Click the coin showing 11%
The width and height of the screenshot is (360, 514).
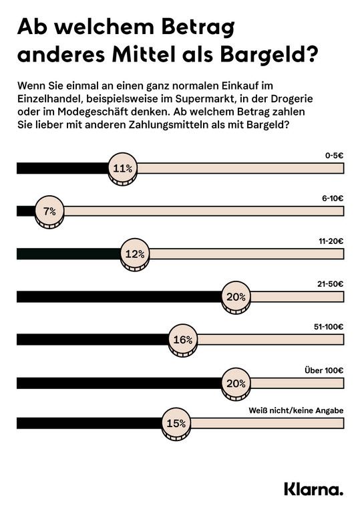[x=123, y=169]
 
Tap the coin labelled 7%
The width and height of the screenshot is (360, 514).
[x=49, y=212]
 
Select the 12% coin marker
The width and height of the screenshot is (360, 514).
[x=135, y=255]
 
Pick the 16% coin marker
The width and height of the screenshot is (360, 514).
[x=183, y=340]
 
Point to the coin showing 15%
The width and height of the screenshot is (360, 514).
[x=176, y=424]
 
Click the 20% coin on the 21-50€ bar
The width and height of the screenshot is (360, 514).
[x=236, y=297]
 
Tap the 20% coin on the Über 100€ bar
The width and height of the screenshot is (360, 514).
[x=236, y=384]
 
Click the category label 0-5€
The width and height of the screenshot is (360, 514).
[x=334, y=155]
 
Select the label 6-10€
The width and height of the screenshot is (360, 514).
[x=333, y=199]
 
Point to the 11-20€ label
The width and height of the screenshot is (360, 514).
[x=331, y=241]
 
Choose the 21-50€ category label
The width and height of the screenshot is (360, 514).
[x=330, y=284]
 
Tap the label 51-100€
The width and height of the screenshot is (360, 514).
[x=329, y=327]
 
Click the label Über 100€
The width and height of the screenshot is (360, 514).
[x=324, y=370]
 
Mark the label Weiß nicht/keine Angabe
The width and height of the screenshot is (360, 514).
[x=296, y=410]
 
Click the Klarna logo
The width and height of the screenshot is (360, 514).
[x=314, y=489]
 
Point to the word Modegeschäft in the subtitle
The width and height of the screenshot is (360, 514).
[x=93, y=112]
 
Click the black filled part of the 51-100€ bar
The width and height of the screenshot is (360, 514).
[x=93, y=340]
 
